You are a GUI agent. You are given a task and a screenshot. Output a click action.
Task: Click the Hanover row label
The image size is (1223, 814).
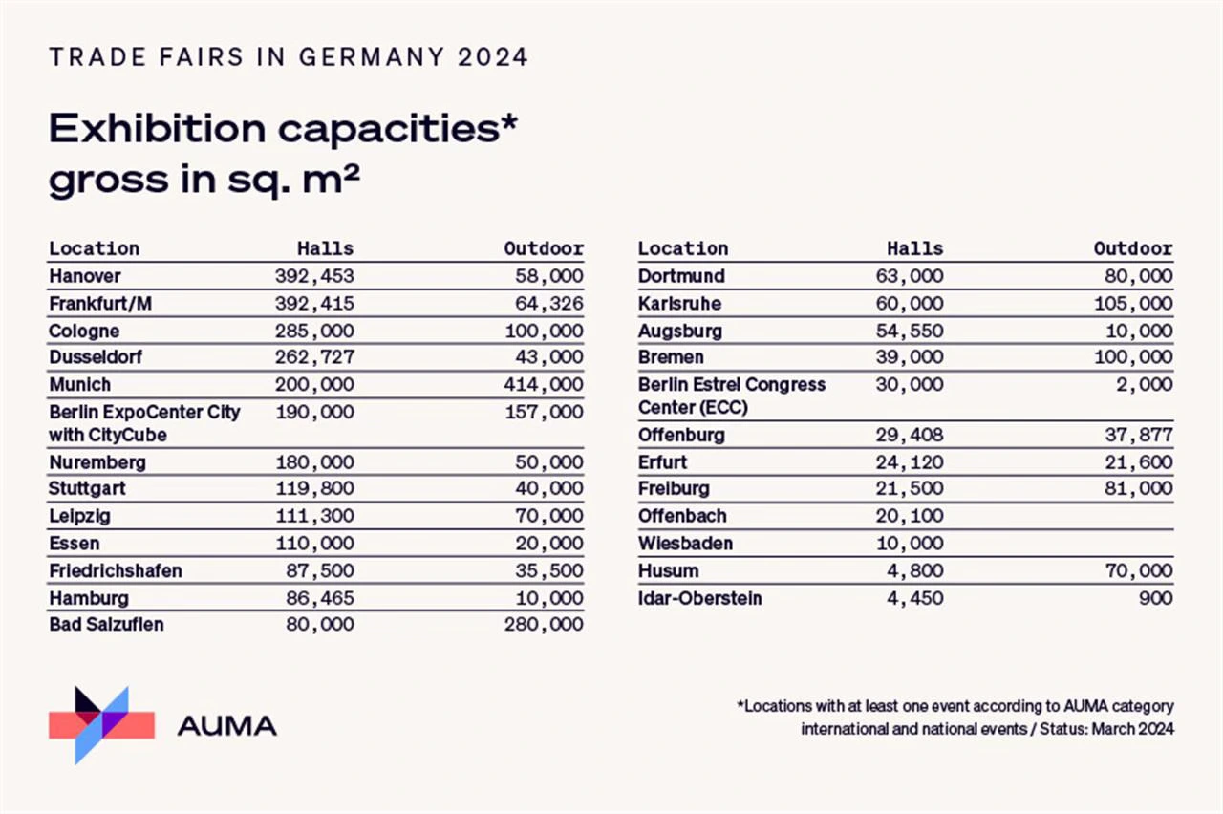click(86, 276)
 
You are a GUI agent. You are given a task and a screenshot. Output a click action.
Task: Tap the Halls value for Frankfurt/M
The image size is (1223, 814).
click(314, 304)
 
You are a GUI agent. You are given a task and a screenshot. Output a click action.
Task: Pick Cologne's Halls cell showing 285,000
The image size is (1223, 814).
click(314, 331)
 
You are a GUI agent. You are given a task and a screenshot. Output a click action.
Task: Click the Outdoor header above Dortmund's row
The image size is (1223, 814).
click(1133, 248)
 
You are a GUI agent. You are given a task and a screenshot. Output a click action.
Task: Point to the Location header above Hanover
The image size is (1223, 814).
click(95, 248)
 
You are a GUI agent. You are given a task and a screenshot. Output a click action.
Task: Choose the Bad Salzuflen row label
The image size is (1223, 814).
click(106, 624)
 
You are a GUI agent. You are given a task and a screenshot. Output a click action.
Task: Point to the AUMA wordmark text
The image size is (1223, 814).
click(226, 725)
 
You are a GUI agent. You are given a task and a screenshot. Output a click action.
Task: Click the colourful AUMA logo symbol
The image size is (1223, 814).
click(101, 724)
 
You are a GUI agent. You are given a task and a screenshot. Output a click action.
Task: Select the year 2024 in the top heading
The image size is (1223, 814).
click(492, 57)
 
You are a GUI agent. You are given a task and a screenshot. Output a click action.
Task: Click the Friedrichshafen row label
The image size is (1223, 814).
click(116, 570)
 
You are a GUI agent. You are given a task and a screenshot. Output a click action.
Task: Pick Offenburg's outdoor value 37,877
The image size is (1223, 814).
click(1138, 435)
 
